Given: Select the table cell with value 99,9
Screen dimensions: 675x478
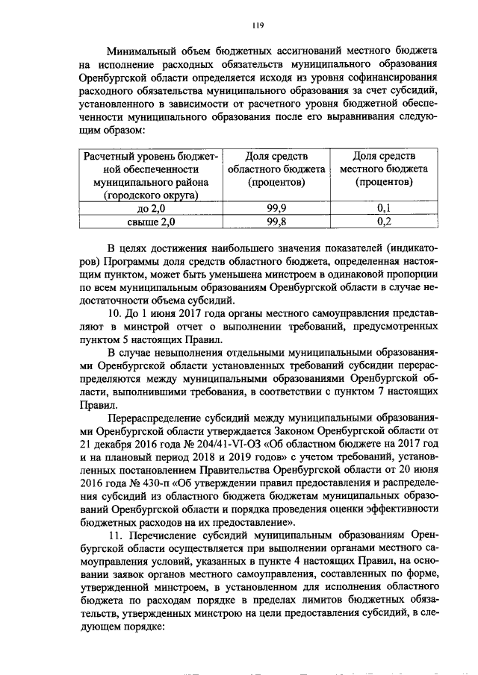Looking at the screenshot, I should click(278, 208).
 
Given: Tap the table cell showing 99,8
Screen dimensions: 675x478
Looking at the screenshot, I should click(278, 222).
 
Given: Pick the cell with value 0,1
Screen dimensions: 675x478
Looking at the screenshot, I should click(385, 208).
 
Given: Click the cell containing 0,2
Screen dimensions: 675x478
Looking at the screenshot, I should click(385, 222).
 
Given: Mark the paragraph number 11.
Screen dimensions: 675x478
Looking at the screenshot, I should click(116, 536).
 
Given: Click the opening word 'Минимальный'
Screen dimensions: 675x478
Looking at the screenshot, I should click(142, 51).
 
